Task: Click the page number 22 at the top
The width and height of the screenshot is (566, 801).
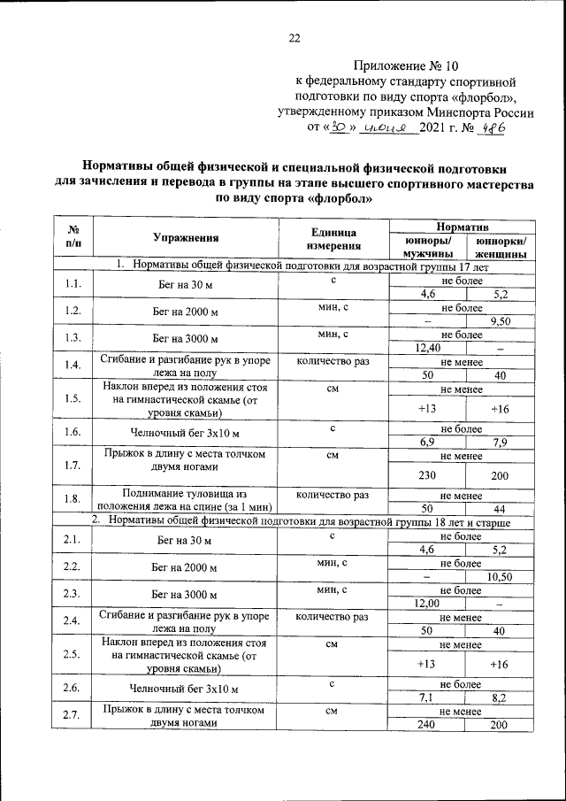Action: coord(294,37)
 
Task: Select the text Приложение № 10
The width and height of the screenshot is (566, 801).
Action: coord(408,65)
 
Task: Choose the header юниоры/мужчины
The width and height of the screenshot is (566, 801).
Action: coord(428,247)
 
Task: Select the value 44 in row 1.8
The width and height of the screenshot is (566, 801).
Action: coord(501,509)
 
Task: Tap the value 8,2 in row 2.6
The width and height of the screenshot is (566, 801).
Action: coord(501,697)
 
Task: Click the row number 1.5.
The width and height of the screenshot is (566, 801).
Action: coord(73,398)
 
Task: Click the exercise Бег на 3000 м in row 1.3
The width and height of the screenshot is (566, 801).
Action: coord(186,339)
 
